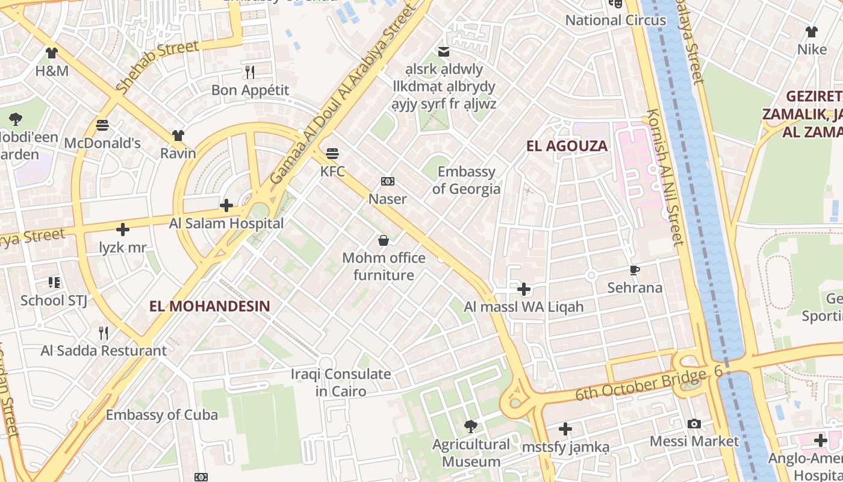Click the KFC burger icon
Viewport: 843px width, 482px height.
[x=332, y=153]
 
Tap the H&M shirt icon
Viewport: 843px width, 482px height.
[x=52, y=53]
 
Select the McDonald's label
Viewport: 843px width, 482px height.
[x=102, y=143]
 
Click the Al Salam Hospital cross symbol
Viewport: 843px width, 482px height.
[x=226, y=206]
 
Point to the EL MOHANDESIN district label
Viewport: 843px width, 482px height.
[x=210, y=306]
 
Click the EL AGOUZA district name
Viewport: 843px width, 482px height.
[x=567, y=146]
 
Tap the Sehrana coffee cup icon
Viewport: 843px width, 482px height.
[x=634, y=270]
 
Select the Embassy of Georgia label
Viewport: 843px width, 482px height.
[x=466, y=180]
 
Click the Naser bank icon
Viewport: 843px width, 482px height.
[x=387, y=181]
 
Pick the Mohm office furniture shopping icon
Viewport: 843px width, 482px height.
[x=384, y=241]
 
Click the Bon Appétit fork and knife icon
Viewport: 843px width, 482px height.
[x=250, y=73]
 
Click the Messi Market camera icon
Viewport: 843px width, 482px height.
[x=694, y=424]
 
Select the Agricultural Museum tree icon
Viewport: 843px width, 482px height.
[x=470, y=427]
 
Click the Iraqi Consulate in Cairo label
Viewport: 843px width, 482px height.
[x=341, y=383]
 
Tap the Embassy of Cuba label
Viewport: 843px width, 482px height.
[x=162, y=415]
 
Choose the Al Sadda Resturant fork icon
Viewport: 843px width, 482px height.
[x=104, y=333]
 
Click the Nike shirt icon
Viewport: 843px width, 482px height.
[x=812, y=32]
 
